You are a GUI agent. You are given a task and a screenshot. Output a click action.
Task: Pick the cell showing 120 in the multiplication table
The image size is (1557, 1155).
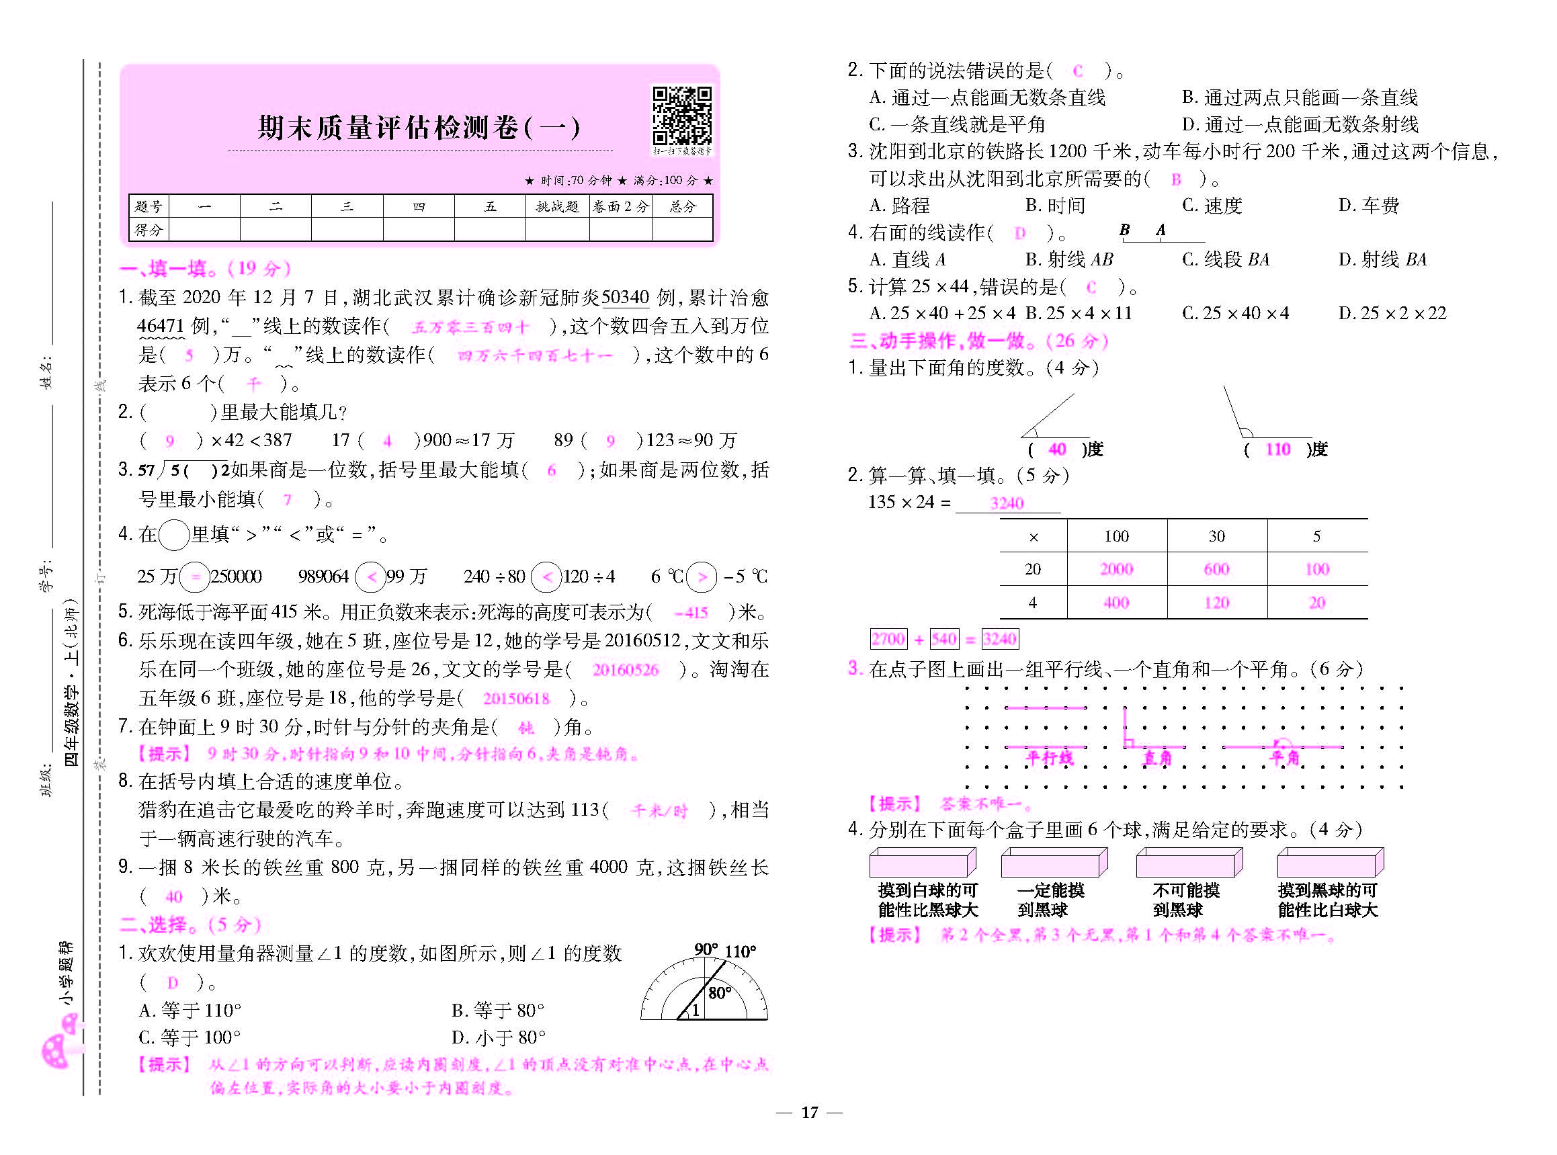pos(1216,603)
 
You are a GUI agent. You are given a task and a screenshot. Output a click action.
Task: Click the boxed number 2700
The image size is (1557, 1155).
pos(888,638)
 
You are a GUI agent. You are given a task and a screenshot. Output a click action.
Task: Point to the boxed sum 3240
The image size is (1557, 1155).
pos(1000,638)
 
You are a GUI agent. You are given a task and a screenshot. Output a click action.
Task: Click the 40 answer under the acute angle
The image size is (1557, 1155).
pos(1057,449)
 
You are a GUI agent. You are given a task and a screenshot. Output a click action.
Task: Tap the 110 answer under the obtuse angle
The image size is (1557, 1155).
pos(1278,449)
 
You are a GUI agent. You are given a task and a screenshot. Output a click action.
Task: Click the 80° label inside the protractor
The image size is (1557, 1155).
pos(720,993)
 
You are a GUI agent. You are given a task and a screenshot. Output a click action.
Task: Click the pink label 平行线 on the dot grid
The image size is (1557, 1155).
pos(1049,758)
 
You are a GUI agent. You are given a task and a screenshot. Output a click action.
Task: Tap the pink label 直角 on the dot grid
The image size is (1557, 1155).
pos(1157,758)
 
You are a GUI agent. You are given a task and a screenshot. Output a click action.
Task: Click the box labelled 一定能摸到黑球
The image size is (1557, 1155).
pos(1054,863)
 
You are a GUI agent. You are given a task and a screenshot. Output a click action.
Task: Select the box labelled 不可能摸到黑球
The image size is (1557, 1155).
pos(1189,863)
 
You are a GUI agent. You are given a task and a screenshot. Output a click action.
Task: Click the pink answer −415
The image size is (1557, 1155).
pos(691,613)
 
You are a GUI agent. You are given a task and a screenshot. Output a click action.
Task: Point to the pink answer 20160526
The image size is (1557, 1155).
pos(625,670)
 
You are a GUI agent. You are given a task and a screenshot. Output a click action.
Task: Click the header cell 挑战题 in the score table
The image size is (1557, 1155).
pos(557,206)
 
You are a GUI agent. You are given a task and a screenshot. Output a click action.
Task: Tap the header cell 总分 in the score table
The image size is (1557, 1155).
pos(682,206)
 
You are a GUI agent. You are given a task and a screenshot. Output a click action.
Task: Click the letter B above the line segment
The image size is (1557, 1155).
pos(1124,229)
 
